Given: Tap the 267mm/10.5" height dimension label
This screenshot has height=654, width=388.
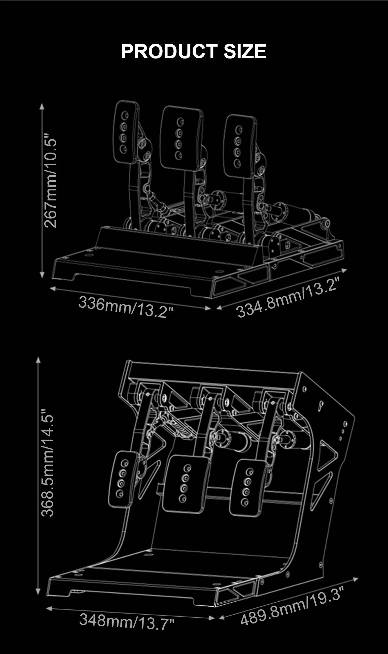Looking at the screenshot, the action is tap(50, 183).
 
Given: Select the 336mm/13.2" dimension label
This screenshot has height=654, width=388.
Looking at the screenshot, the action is tap(126, 306).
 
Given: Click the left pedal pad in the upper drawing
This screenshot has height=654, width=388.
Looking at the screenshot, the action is tap(126, 132).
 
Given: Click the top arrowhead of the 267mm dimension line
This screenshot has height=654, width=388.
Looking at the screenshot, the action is tap(42, 107).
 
